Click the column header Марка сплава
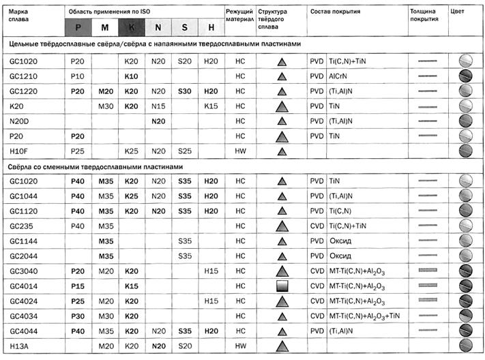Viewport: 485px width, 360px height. pyautogui.click(x=20, y=16)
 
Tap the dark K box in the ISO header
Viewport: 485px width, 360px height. pyautogui.click(x=131, y=28)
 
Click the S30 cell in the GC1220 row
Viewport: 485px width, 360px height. pyautogui.click(x=184, y=91)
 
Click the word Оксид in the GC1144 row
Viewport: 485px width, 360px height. pyautogui.click(x=338, y=241)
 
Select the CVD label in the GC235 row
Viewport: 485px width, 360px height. pyautogui.click(x=316, y=226)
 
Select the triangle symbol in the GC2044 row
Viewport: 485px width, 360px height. pyautogui.click(x=280, y=256)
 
